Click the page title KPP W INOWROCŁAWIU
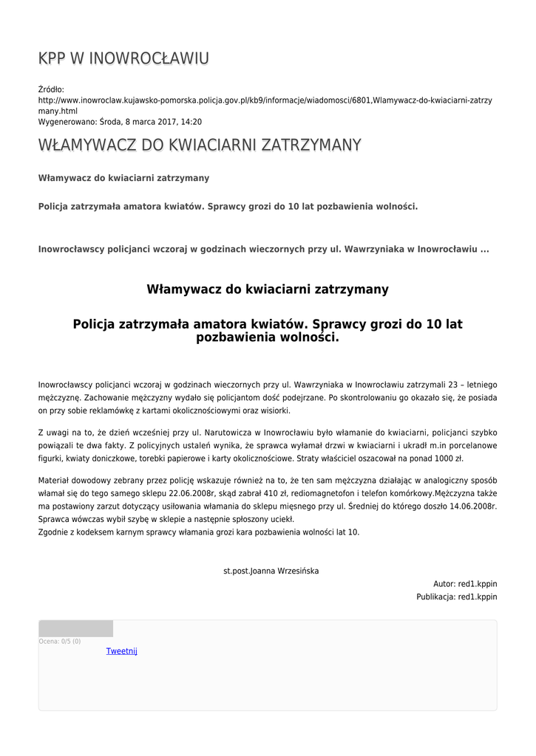[123, 58]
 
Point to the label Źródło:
[51, 89]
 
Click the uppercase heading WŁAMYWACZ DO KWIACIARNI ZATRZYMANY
[200, 145]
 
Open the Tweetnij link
[122, 651]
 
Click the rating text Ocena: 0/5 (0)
[60, 642]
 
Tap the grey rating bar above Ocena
[75, 628]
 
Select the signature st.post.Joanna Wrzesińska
[271, 571]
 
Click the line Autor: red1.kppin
[465, 583]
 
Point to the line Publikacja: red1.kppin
[456, 597]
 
